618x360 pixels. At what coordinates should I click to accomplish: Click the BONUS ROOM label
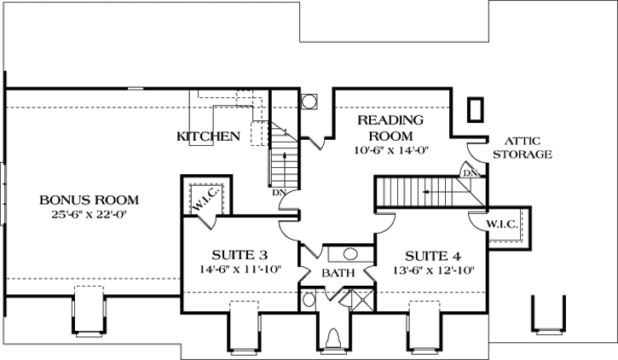[x=89, y=200]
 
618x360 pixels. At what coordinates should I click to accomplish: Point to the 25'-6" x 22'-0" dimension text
[x=89, y=214]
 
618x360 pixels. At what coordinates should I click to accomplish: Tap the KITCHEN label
[x=208, y=136]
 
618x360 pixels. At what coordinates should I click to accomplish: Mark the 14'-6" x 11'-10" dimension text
[x=240, y=270]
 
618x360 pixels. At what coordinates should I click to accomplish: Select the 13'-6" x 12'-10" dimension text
[x=433, y=270]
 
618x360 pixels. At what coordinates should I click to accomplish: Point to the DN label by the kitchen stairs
[x=278, y=192]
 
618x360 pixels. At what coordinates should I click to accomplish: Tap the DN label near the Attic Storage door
[x=469, y=172]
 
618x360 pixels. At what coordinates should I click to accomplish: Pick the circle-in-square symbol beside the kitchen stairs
[x=309, y=102]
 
